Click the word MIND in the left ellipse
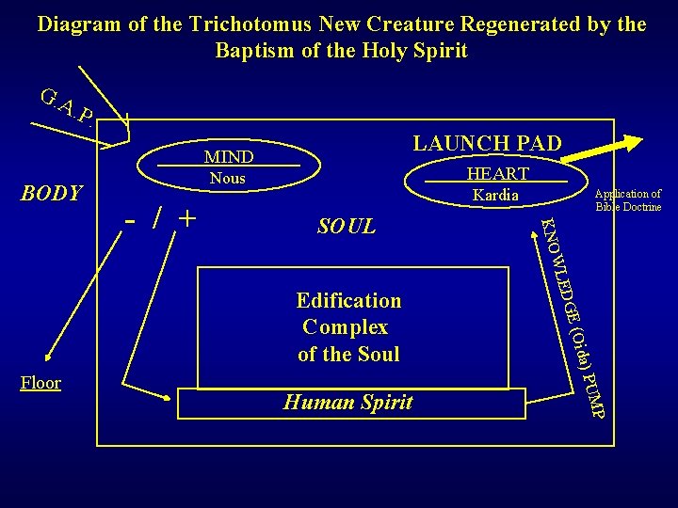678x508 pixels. [228, 156]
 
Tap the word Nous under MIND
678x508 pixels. [227, 178]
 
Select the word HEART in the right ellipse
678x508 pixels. [497, 173]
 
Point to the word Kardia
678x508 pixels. [495, 195]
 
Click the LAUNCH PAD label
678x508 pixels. [488, 143]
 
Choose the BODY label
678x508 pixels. [51, 194]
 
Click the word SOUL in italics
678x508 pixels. [347, 227]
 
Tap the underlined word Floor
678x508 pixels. [40, 383]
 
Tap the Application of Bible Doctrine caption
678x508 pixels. [628, 200]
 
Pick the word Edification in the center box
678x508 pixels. [348, 301]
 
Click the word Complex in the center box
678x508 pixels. [346, 327]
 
